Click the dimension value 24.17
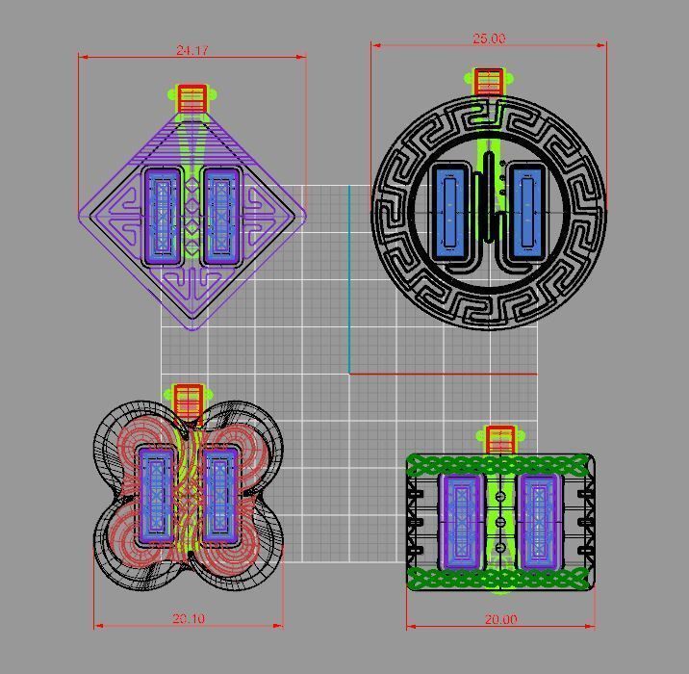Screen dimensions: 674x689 pyautogui.click(x=191, y=50)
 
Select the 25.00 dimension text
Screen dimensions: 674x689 pyautogui.click(x=488, y=39)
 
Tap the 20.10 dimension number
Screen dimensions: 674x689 pyautogui.click(x=188, y=618)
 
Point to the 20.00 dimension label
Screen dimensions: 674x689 pyautogui.click(x=500, y=619)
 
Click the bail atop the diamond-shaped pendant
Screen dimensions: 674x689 pyautogui.click(x=192, y=98)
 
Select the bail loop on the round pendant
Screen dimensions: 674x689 pyautogui.click(x=489, y=82)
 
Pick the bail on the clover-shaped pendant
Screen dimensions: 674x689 pyautogui.click(x=188, y=397)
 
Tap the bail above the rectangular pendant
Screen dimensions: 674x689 pyautogui.click(x=499, y=440)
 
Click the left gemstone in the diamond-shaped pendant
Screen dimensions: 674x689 pyautogui.click(x=162, y=217)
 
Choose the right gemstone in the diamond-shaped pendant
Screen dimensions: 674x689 pyautogui.click(x=222, y=217)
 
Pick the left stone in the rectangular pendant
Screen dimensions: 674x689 pyautogui.click(x=460, y=520)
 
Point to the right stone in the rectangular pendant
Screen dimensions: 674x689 pyautogui.click(x=538, y=520)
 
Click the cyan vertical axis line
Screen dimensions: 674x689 pyautogui.click(x=349, y=279)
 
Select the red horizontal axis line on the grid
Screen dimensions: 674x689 pyautogui.click(x=443, y=374)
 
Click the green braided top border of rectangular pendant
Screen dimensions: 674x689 pyautogui.click(x=500, y=465)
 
